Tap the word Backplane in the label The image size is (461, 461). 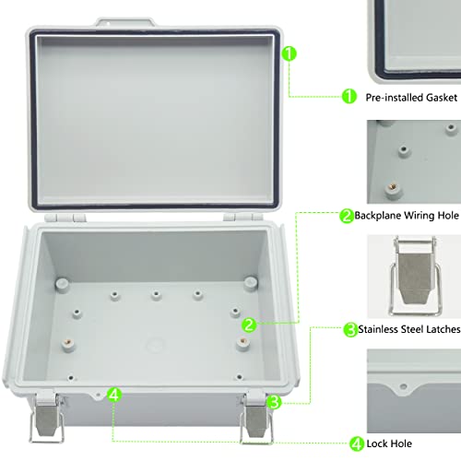[x=385, y=216]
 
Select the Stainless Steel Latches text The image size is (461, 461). [x=402, y=328]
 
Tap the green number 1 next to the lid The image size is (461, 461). [x=289, y=54]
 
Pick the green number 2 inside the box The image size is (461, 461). [x=249, y=325]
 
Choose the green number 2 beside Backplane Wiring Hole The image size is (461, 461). [x=347, y=216]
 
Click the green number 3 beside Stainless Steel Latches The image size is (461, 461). [x=350, y=328]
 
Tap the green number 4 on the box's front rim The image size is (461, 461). [x=113, y=395]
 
